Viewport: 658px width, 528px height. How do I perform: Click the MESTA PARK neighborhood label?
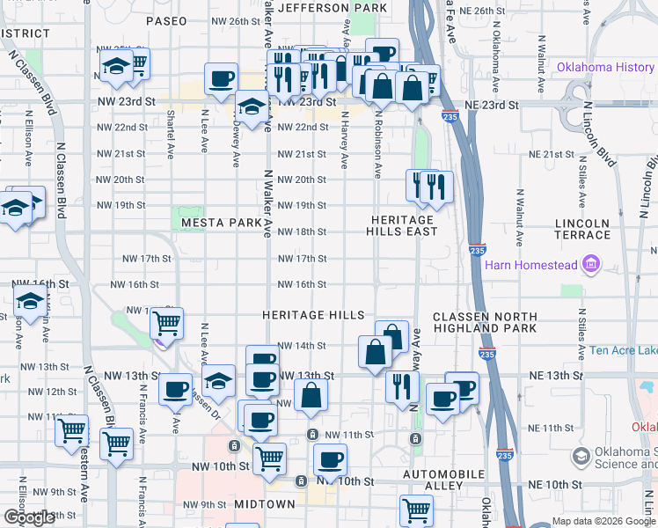point(222,224)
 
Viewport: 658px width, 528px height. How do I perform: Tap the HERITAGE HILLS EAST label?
point(402,225)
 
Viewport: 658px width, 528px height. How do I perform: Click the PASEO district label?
point(166,20)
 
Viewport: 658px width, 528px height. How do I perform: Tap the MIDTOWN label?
point(264,504)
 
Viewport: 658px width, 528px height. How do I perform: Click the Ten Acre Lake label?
point(623,350)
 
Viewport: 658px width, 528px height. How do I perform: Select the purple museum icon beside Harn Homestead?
point(590,265)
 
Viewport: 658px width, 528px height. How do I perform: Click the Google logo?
point(29,517)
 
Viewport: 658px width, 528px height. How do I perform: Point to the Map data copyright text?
point(603,521)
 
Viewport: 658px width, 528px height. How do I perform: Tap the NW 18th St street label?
point(302,232)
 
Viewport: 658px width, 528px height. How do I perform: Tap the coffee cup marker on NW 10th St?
point(330,459)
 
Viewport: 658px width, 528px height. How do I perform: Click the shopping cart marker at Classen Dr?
point(166,323)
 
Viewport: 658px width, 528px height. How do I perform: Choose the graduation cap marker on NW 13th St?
point(219,381)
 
